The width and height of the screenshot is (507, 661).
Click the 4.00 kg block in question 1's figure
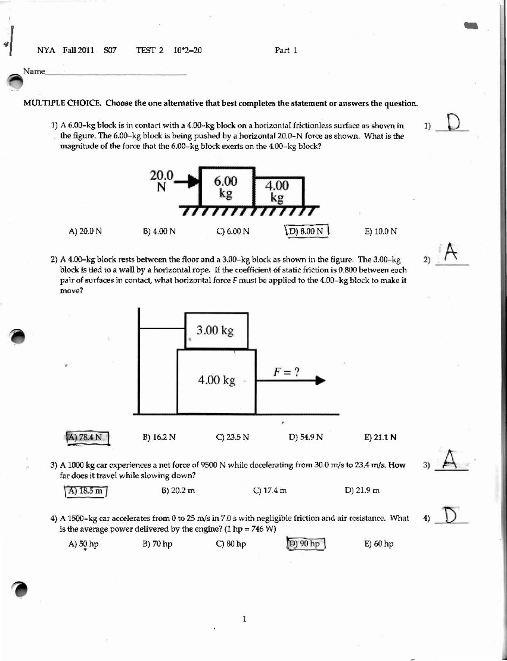277,191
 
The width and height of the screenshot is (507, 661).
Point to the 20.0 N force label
161,181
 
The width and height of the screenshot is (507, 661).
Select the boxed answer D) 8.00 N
307,231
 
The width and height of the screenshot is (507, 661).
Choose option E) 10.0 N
380,231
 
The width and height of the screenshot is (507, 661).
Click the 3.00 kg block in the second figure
216,330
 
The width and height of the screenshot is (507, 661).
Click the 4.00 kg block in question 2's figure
216,380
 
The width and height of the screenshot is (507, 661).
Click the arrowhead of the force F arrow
321,381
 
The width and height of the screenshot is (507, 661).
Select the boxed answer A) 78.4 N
87,437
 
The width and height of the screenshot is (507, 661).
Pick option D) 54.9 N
305,437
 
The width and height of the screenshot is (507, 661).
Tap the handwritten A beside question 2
451,253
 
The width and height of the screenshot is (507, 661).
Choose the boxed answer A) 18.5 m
86,491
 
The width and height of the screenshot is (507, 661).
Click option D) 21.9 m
362,491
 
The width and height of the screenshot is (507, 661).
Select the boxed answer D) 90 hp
306,544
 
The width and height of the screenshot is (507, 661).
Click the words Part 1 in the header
286,50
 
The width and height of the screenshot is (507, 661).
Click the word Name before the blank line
34,71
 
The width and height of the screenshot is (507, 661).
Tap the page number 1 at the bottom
244,619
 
